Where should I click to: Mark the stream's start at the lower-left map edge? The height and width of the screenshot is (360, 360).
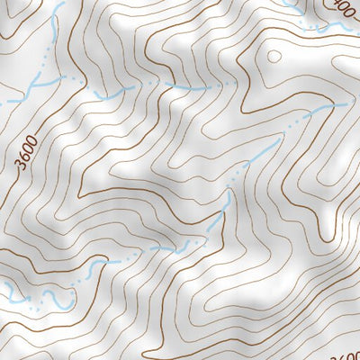point(4,286)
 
